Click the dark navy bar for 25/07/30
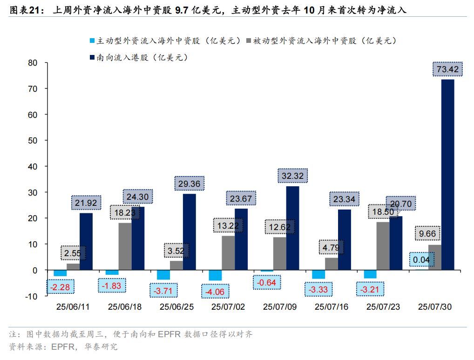point(447,175)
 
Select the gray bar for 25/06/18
point(125,246)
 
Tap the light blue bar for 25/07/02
point(215,275)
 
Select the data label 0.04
point(421,260)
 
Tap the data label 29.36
point(189,184)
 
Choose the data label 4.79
point(332,247)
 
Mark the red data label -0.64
point(267,282)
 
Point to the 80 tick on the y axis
point(32,62)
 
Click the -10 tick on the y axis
point(31,296)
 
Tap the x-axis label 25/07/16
point(332,307)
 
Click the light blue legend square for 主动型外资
point(92,41)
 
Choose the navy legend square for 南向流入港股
point(92,58)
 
